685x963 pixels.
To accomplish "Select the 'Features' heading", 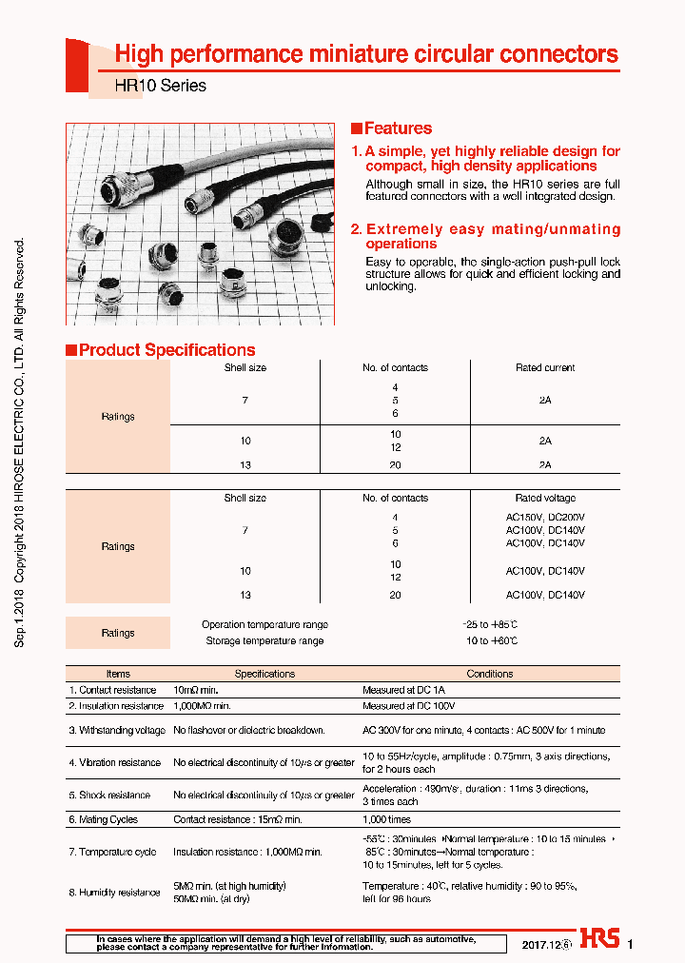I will click(398, 128).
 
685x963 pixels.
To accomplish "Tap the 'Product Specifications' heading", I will click(166, 350).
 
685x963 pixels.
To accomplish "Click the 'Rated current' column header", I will click(545, 367).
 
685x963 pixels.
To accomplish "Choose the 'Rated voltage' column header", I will click(545, 498).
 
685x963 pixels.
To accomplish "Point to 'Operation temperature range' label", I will click(264, 625).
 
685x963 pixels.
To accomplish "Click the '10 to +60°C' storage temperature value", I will click(491, 641).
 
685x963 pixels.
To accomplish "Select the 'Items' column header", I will click(118, 674).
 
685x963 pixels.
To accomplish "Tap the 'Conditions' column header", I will click(490, 674).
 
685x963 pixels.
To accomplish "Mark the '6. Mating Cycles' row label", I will click(103, 819).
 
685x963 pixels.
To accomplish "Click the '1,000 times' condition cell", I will click(386, 819).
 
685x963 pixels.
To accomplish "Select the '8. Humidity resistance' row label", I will click(114, 893).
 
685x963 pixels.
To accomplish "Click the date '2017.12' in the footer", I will click(539, 945).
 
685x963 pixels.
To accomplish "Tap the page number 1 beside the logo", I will click(630, 944).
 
